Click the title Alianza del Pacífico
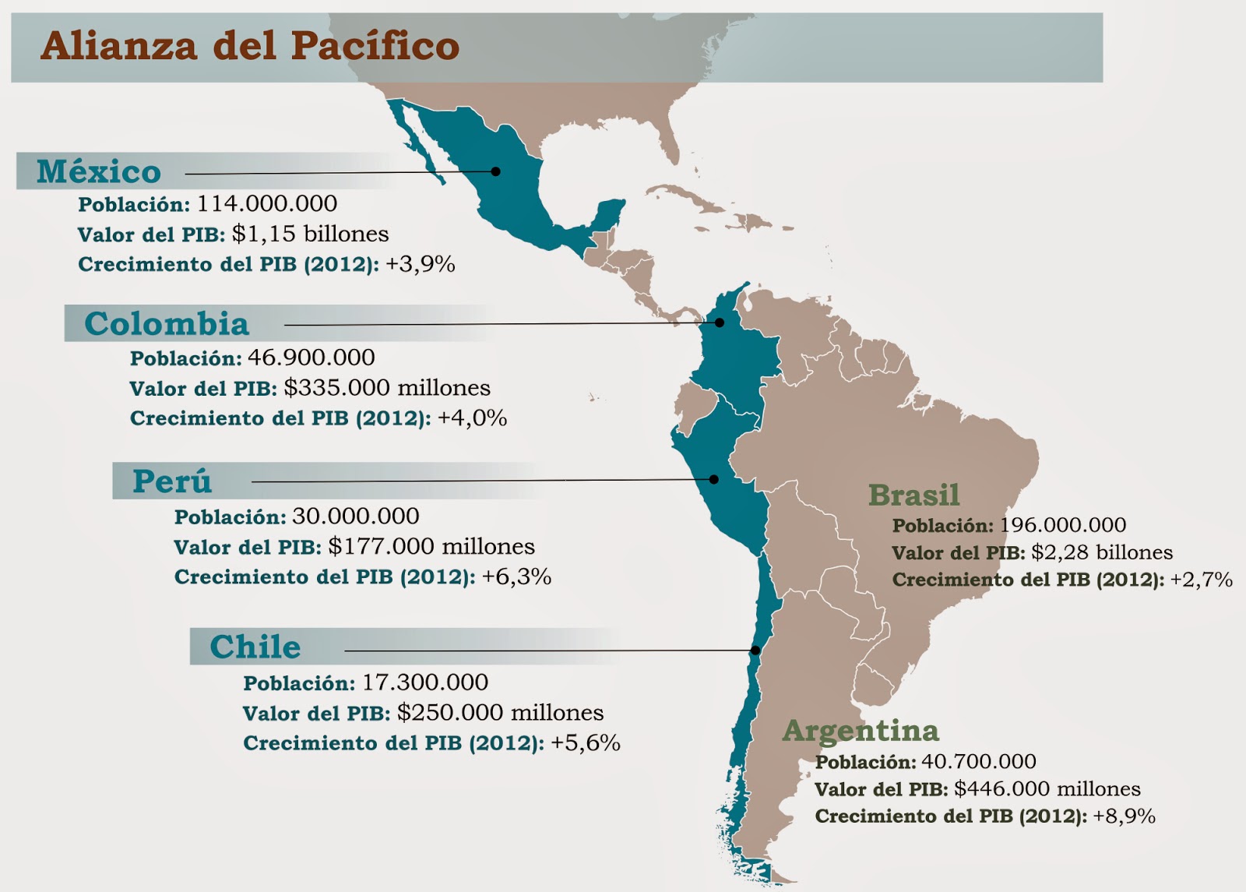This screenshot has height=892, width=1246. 250,45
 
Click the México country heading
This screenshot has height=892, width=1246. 99,171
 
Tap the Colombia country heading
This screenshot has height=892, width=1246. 167,323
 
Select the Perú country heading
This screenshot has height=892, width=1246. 172,481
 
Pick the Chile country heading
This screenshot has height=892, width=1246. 255,647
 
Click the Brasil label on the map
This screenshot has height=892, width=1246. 913,495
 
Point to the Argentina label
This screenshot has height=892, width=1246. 861,731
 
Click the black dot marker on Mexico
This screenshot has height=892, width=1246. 495,171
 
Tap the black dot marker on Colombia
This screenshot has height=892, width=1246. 720,323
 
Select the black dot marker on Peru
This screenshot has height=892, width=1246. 713,480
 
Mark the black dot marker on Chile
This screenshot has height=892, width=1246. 755,650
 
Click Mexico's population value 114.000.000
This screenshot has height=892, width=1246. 267,204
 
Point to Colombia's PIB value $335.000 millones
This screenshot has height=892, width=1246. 387,388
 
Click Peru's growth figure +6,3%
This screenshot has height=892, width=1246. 516,577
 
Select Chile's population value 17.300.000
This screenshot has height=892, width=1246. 425,682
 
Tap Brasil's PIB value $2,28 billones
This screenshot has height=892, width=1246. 1101,552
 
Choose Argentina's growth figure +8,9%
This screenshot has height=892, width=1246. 1124,816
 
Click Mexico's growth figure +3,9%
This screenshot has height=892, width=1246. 421,264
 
